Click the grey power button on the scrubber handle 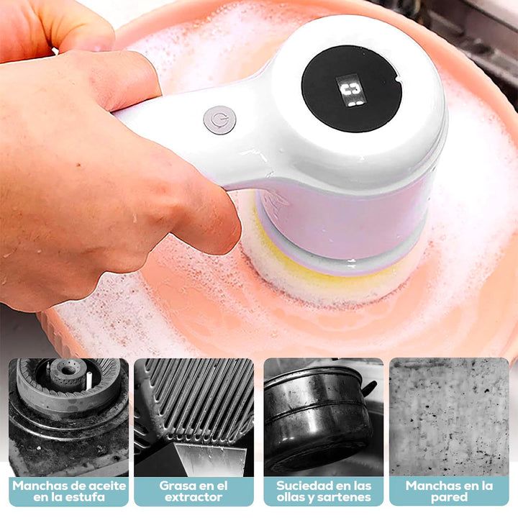pos(219,120)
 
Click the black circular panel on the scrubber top pos(351,88)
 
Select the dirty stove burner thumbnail pos(69,417)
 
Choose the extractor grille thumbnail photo pos(194,417)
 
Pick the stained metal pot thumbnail pos(324,417)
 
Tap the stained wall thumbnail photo pos(449,417)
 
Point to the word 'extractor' pos(194,497)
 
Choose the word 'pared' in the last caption pos(449,497)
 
